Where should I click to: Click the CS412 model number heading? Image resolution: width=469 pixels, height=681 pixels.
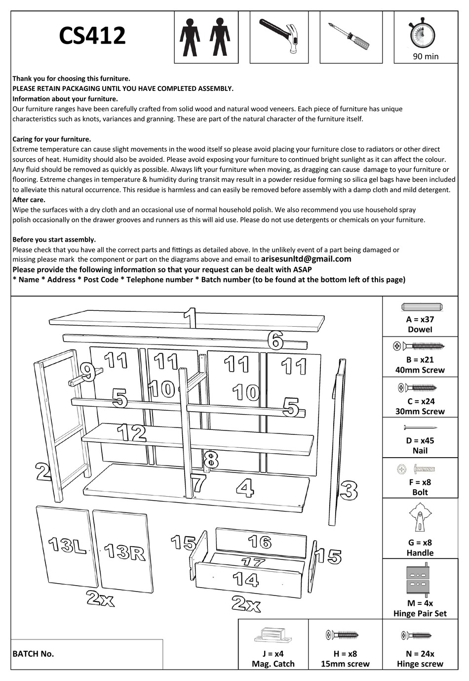pyautogui.click(x=92, y=36)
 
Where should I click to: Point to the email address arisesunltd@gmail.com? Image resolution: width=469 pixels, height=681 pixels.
pyautogui.click(x=306, y=258)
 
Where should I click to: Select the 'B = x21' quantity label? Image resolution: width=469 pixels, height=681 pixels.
pyautogui.click(x=420, y=360)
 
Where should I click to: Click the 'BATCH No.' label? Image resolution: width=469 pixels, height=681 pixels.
pyautogui.click(x=33, y=654)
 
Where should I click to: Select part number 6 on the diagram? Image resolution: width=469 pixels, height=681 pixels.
pyautogui.click(x=275, y=340)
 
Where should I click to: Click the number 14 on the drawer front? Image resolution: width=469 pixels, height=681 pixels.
pyautogui.click(x=245, y=579)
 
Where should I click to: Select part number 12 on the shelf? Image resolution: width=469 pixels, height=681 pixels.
pyautogui.click(x=131, y=433)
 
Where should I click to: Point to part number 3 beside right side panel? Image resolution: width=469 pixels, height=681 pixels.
pyautogui.click(x=349, y=490)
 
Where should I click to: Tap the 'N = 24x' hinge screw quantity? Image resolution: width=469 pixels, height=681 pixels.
pyautogui.click(x=420, y=653)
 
